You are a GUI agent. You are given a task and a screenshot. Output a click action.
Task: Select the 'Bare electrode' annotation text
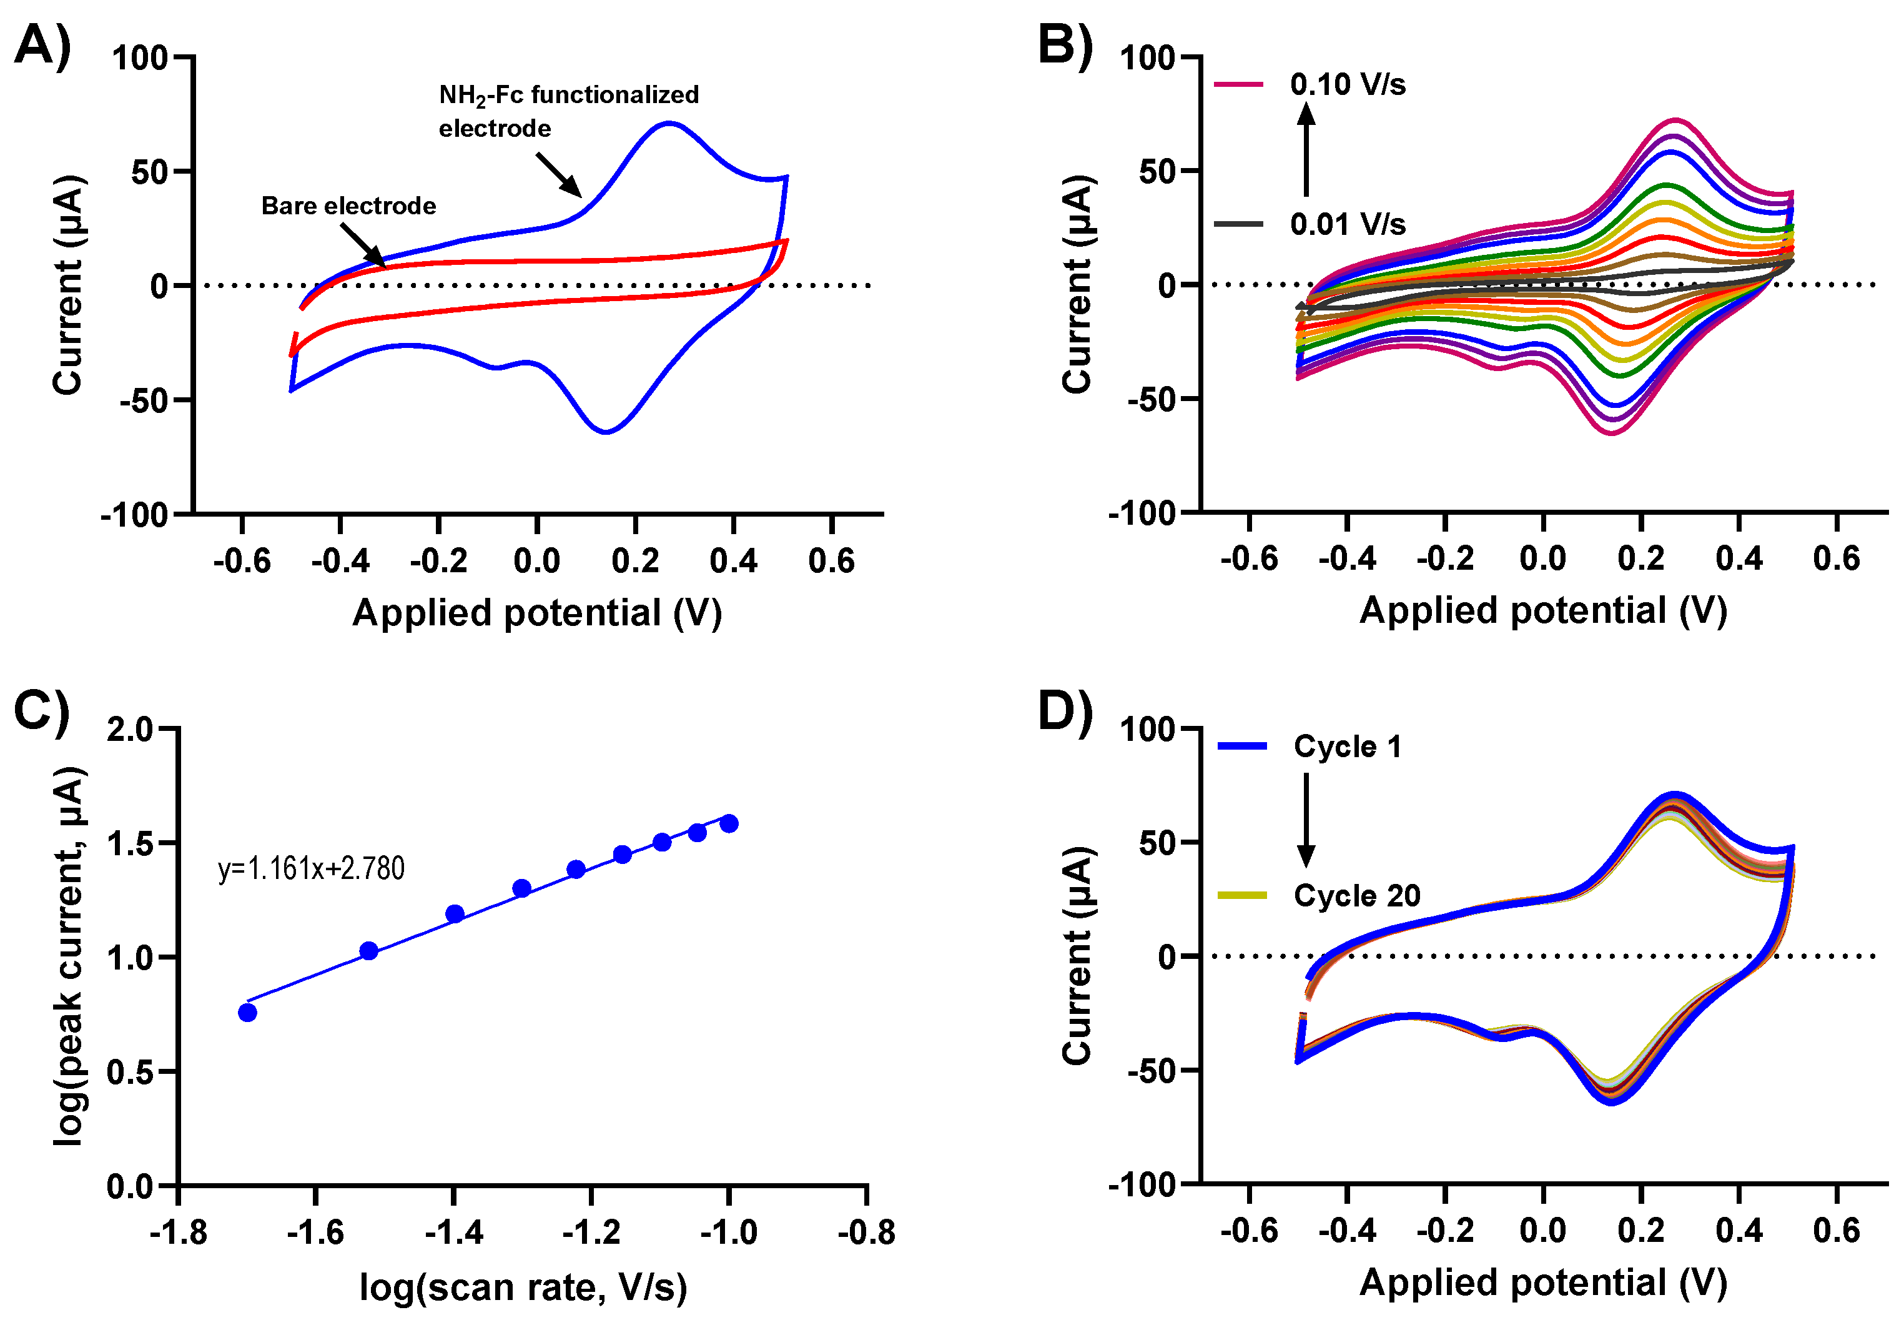348,206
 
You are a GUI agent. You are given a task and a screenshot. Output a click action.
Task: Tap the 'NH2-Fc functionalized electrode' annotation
568,111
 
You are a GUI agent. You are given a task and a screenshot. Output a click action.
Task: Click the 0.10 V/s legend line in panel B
1238,84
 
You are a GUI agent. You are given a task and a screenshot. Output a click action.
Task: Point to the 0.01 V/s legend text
1348,224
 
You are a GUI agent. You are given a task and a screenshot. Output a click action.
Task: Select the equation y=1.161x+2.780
311,869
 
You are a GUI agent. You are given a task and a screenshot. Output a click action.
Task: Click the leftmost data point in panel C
247,1012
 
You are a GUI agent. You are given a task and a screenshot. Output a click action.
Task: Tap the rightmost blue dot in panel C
729,823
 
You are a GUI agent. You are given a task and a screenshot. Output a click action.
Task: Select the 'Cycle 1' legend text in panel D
1348,747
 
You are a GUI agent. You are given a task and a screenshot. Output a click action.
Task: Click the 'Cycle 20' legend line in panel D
1241,895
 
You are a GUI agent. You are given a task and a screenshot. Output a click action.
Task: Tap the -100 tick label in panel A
134,515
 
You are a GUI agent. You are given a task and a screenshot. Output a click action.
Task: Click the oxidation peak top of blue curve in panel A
668,124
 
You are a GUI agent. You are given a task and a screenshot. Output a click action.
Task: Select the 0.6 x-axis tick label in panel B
1837,558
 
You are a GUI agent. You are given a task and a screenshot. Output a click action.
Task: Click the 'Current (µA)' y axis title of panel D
1077,955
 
